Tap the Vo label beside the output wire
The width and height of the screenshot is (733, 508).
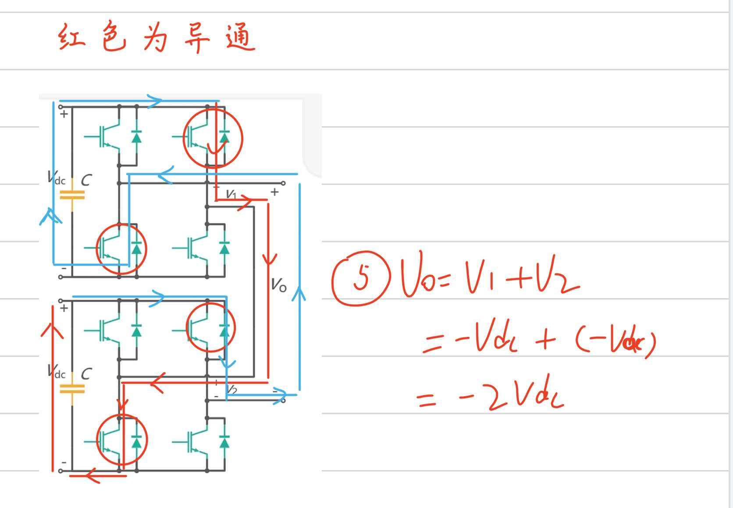(279, 285)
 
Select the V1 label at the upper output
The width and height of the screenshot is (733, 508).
(231, 194)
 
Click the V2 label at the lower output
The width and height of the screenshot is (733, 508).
(231, 390)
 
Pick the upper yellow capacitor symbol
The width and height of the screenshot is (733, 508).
(72, 195)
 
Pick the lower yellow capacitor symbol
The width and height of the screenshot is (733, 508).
(72, 388)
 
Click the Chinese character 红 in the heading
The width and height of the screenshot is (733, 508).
(71, 38)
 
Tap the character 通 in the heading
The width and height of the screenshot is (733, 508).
(240, 38)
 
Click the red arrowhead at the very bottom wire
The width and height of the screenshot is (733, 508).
(92, 476)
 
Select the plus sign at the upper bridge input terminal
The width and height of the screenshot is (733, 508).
(64, 114)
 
